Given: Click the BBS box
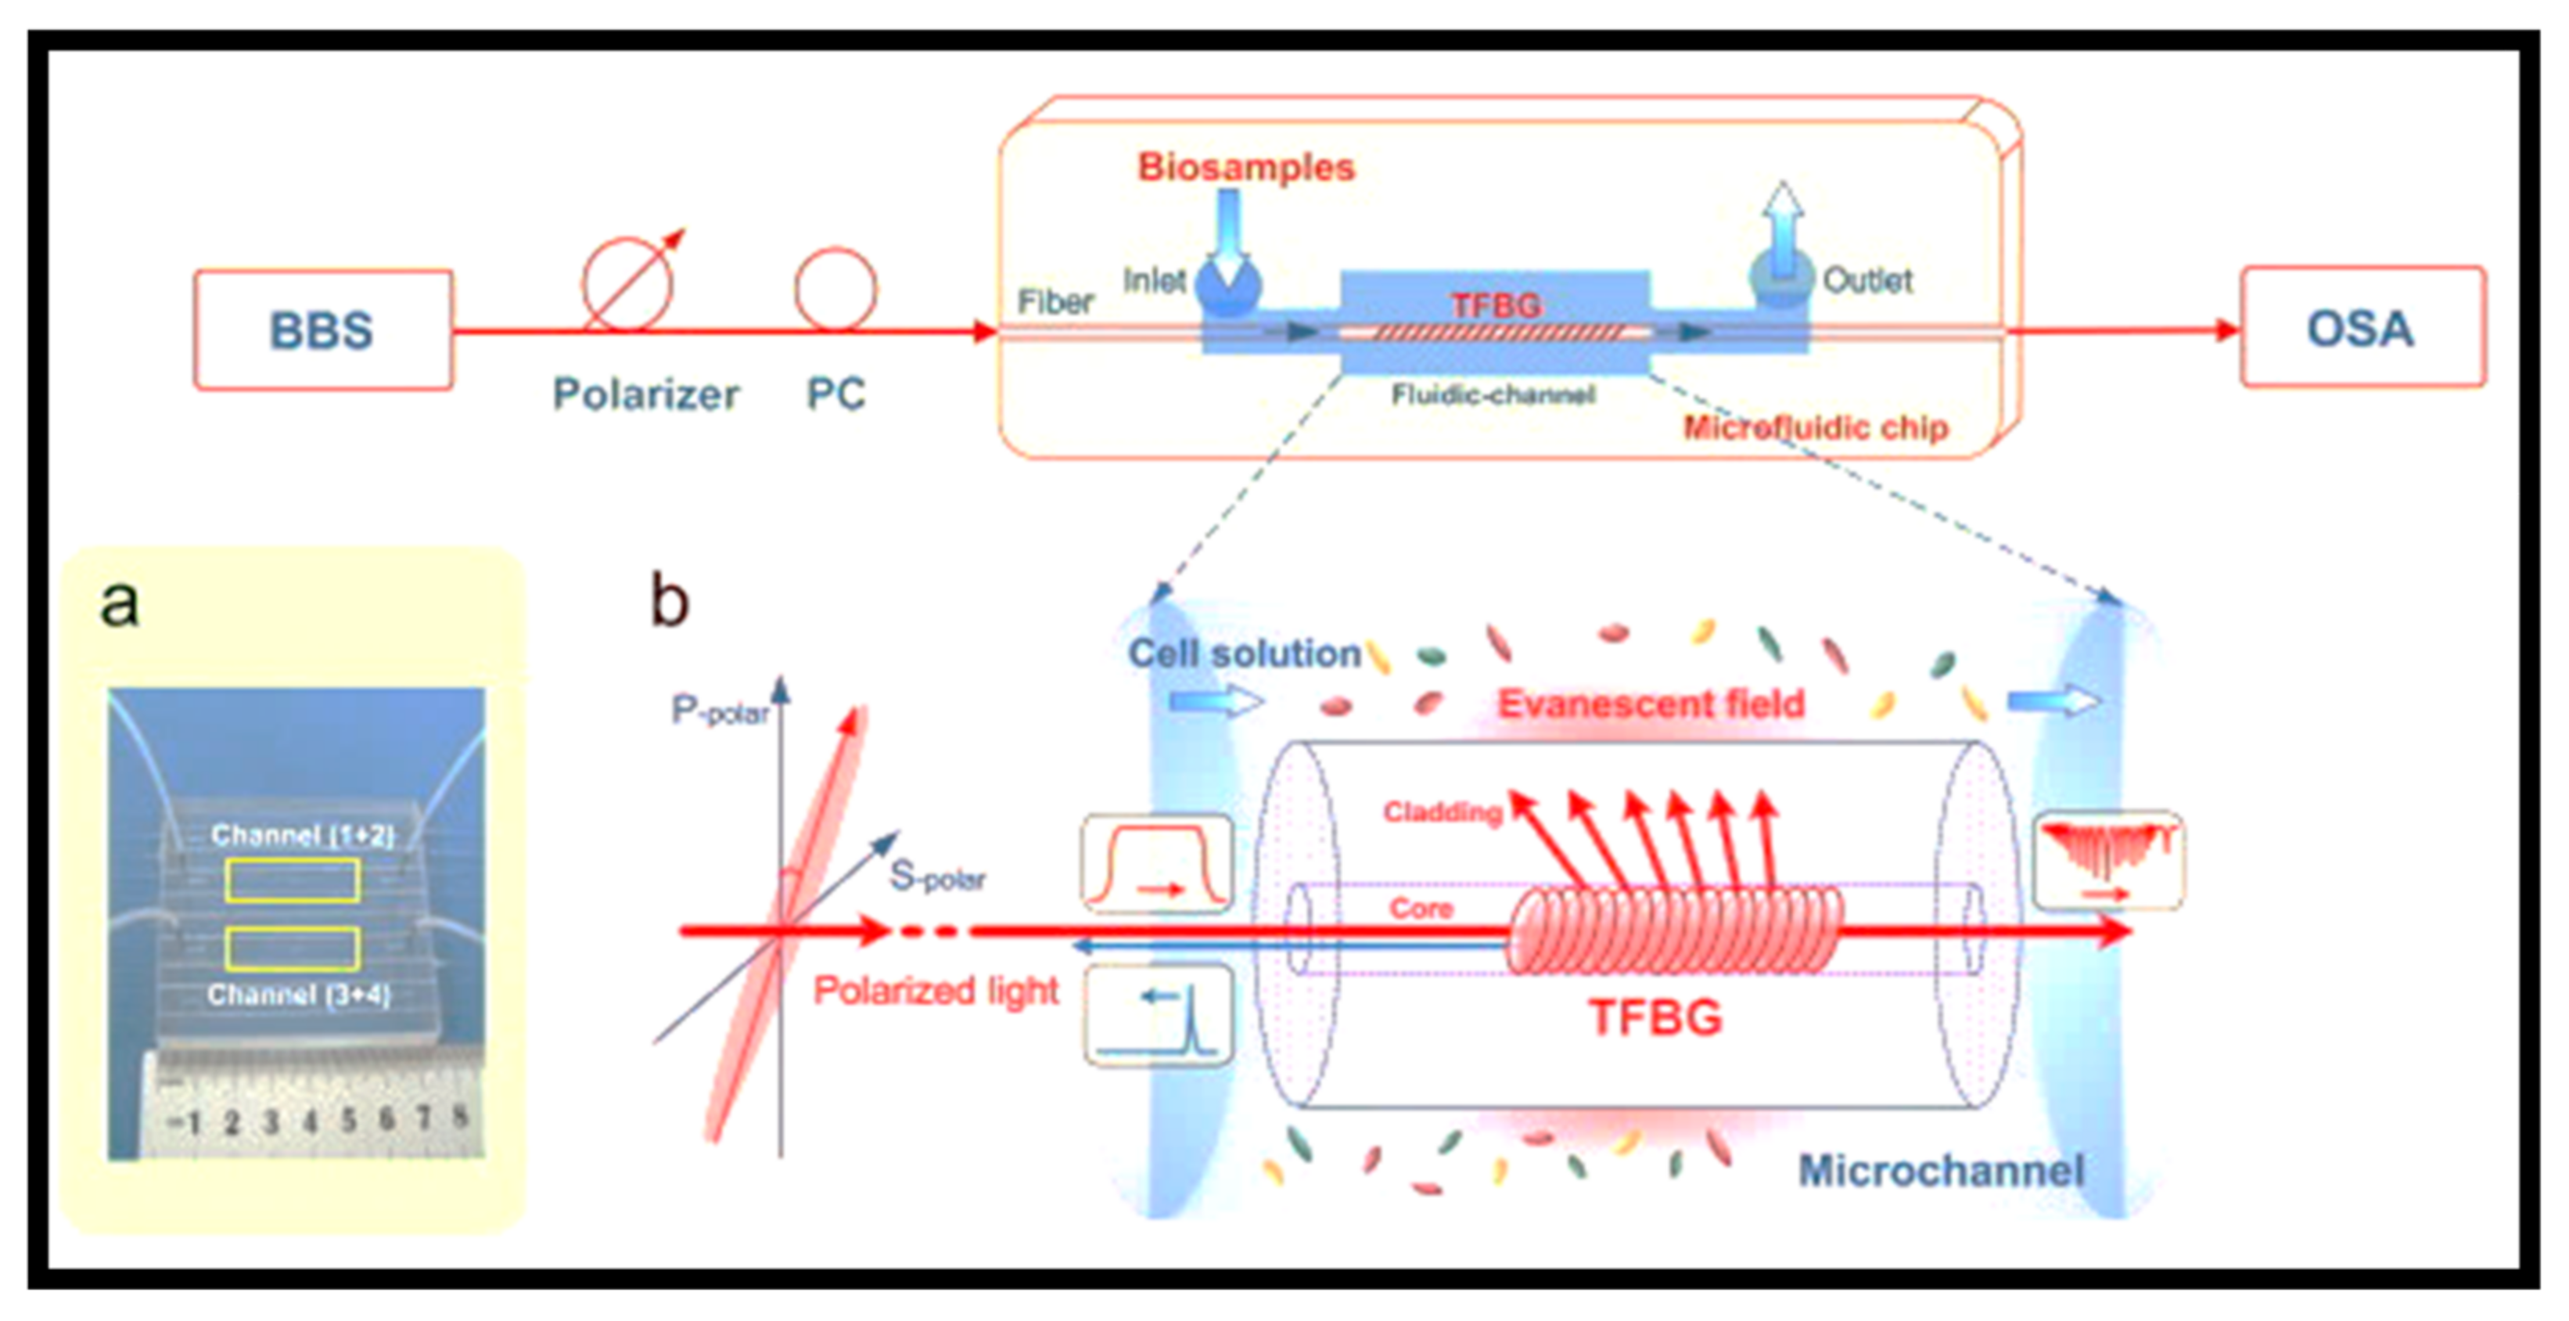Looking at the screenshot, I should (322, 329).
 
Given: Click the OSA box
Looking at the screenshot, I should (2362, 327).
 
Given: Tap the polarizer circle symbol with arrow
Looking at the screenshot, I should (628, 283).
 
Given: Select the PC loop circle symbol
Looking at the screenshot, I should (835, 290).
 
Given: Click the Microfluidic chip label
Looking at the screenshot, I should (1815, 427).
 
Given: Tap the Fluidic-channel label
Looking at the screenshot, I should (1493, 395).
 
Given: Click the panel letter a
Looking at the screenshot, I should (120, 603).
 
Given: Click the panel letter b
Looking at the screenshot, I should (669, 601).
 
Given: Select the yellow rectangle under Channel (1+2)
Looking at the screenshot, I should (293, 880).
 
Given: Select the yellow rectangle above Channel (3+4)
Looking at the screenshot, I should (293, 948).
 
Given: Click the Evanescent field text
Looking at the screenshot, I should (1651, 704).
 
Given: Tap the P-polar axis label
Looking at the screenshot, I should (720, 711).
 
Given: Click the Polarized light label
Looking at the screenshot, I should (936, 991).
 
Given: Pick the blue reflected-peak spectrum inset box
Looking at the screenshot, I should (1158, 1015).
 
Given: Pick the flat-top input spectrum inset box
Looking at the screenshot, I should (1157, 863).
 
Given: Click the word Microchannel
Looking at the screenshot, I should (1941, 1170).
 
